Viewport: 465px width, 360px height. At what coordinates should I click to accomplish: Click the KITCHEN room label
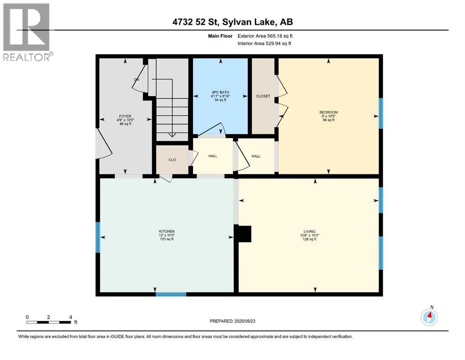point(166,232)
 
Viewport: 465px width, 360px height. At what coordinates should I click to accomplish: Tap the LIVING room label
point(309,232)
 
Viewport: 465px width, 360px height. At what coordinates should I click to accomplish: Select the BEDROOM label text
point(328,112)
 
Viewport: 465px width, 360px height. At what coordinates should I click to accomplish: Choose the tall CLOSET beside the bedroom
point(263,96)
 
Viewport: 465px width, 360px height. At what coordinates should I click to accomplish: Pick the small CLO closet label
point(172,160)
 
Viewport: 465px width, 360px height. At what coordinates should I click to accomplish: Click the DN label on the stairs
point(137,80)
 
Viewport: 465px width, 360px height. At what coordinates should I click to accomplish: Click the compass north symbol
point(429,317)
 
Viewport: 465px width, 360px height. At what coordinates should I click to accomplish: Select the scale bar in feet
point(49,322)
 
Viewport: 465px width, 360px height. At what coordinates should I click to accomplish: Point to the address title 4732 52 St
point(232,22)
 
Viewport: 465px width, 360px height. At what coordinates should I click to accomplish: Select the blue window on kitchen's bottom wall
point(171,294)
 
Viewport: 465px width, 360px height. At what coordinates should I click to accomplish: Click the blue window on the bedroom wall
point(381,113)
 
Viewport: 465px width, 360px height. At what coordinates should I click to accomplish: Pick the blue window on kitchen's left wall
point(98,237)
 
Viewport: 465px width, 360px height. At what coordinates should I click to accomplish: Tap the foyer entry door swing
point(103,144)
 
